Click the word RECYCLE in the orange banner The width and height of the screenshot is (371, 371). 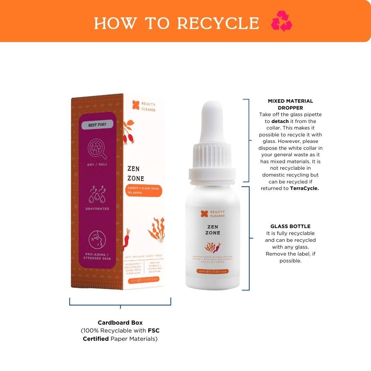[x=218, y=23]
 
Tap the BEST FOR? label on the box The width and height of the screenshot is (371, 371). [x=97, y=125]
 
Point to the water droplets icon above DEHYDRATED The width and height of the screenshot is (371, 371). [x=97, y=194]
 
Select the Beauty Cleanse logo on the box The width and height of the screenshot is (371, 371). [x=144, y=106]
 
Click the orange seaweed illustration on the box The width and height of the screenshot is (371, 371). [x=156, y=229]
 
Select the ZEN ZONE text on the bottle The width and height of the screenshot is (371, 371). [x=213, y=230]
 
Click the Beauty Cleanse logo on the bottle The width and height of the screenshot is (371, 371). [x=213, y=214]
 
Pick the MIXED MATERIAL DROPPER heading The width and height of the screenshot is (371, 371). [x=290, y=104]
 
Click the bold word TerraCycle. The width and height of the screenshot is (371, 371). [x=304, y=188]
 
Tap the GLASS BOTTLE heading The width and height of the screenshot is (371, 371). [x=290, y=226]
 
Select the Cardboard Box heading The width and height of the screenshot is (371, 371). [x=120, y=323]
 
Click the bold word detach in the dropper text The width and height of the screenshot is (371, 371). [x=280, y=121]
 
